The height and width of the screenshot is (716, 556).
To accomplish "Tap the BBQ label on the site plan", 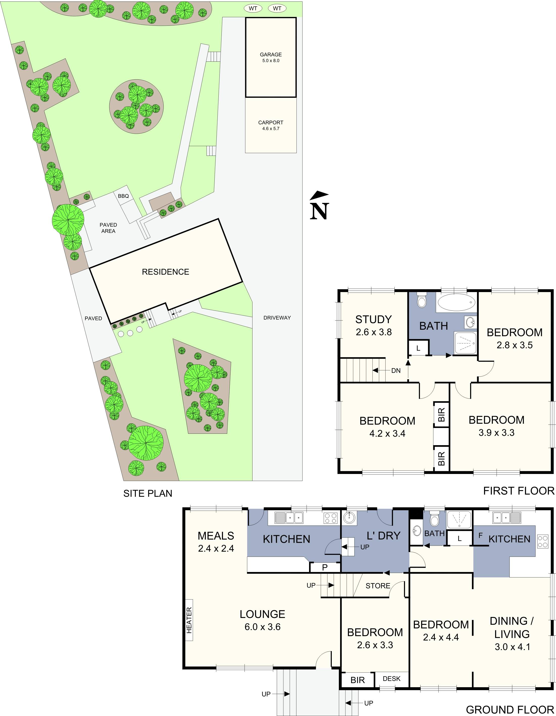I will pyautogui.click(x=123, y=196).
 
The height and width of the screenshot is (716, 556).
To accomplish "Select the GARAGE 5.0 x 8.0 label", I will pyautogui.click(x=271, y=57).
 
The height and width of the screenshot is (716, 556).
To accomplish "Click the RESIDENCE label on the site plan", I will pyautogui.click(x=165, y=272).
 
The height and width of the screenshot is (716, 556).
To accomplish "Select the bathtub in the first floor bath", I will pyautogui.click(x=457, y=302).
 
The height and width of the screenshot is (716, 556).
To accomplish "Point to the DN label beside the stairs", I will pyautogui.click(x=396, y=371).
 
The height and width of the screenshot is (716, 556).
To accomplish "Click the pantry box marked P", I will pyautogui.click(x=325, y=567).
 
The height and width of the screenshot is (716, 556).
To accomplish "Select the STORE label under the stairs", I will pyautogui.click(x=378, y=586).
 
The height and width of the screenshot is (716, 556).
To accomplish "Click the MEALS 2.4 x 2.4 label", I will pyautogui.click(x=216, y=542).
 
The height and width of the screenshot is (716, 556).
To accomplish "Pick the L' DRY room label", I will pyautogui.click(x=383, y=535).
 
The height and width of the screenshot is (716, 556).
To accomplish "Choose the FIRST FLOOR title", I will pyautogui.click(x=519, y=491).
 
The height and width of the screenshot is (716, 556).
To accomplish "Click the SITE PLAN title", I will pyautogui.click(x=147, y=493).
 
